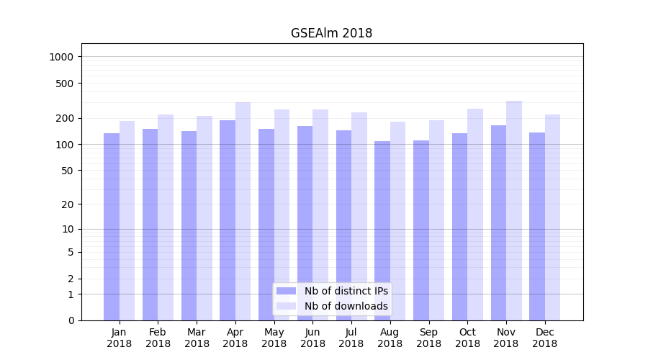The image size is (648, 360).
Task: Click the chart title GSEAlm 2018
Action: click(x=331, y=33)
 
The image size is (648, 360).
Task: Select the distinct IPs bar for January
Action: click(x=112, y=227)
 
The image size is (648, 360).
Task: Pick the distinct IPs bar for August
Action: click(x=382, y=230)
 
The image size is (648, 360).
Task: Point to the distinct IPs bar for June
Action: click(x=305, y=223)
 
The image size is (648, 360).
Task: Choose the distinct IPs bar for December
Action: click(x=537, y=226)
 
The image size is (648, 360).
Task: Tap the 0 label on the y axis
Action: click(x=71, y=320)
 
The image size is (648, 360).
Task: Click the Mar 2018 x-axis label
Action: click(x=197, y=338)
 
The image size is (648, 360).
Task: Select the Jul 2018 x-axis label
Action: click(x=351, y=338)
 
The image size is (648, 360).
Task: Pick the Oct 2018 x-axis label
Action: click(x=467, y=338)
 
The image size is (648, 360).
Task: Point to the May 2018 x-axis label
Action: click(x=274, y=338)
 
